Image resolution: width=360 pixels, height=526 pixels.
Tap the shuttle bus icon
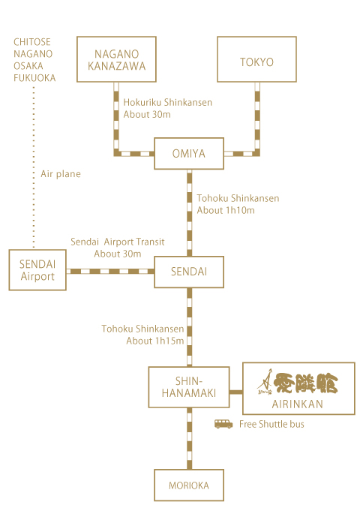click(x=223, y=424)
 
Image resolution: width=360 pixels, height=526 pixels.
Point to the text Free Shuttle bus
click(x=271, y=424)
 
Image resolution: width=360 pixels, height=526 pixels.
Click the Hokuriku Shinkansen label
click(x=167, y=102)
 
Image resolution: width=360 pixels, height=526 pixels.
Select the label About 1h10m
click(x=226, y=210)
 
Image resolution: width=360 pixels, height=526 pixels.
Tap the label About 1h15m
click(x=154, y=341)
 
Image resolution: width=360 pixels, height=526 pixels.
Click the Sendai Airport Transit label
click(x=117, y=242)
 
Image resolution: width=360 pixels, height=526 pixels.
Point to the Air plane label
click(x=61, y=174)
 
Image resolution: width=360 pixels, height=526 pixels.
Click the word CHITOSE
click(x=32, y=42)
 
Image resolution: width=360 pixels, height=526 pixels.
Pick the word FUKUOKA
click(x=34, y=78)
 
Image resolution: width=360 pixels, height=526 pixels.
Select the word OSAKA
click(x=28, y=66)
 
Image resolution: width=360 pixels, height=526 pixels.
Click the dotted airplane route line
click(x=34, y=167)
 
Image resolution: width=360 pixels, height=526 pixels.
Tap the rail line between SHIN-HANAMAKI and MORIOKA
click(x=190, y=438)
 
